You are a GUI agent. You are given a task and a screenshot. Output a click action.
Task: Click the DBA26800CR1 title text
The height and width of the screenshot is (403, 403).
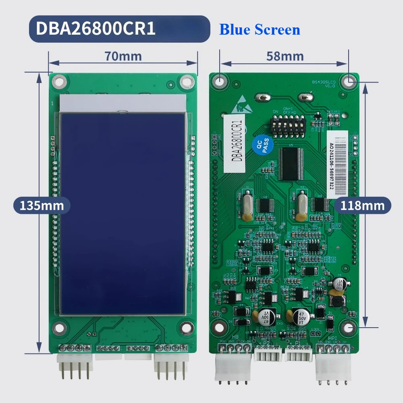pos(96,29)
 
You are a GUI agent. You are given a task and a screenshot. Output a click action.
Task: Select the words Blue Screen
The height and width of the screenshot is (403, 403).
pos(260,29)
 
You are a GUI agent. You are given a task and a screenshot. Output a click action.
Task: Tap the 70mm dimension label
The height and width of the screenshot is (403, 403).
pos(123,56)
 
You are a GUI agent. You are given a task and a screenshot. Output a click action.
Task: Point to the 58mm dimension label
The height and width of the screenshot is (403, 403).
pos(285,56)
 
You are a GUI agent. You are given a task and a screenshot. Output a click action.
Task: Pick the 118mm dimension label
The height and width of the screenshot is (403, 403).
pos(363,206)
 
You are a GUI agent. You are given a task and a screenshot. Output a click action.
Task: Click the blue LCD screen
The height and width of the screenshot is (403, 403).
pos(123,214)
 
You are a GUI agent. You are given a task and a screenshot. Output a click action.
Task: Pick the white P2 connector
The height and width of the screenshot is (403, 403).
pos(268,355)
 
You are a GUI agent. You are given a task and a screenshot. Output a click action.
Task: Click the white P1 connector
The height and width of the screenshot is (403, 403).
pos(298,355)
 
